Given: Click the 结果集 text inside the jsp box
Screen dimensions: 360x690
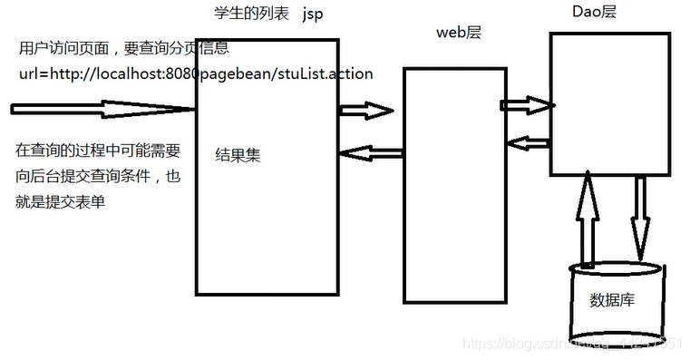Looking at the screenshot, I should pos(238,155).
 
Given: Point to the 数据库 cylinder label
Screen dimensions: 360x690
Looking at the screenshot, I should pos(612,299).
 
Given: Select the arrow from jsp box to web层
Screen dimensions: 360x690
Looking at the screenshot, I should pos(365,111).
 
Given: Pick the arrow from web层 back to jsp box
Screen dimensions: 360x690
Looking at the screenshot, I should pos(366,151).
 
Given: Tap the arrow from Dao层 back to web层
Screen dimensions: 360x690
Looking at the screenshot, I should pos(529,141).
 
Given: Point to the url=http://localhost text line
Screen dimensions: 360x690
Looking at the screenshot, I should pos(196,73).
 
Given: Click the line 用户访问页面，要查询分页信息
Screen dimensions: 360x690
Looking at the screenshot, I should pos(123,48).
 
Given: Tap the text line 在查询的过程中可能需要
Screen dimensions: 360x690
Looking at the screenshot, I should pos(98,150).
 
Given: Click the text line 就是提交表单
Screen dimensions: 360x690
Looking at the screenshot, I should pos(61,202).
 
